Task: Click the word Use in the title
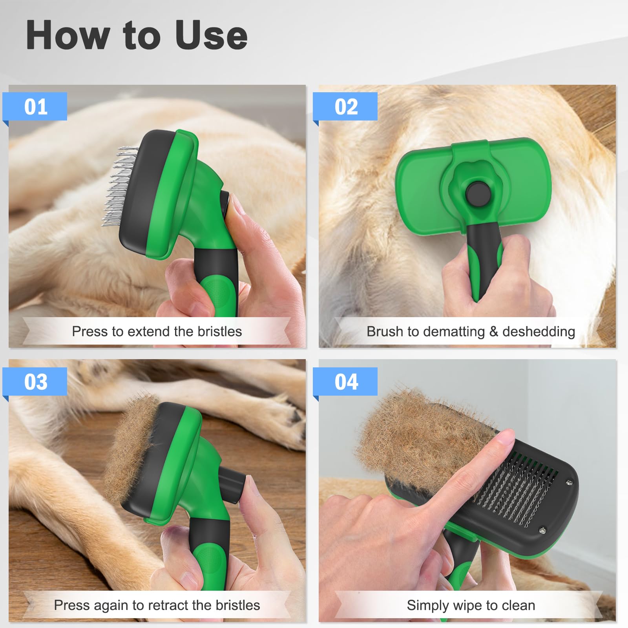coord(211,35)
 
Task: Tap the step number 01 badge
coord(35,107)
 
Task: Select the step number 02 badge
coord(346,107)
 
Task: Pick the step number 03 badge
coord(35,382)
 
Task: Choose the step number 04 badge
coord(346,382)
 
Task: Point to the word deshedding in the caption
coord(539,332)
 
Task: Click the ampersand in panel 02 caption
coord(493,332)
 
